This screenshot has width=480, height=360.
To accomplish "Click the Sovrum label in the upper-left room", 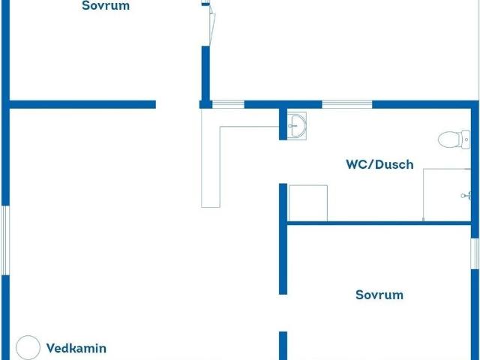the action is click(106, 5).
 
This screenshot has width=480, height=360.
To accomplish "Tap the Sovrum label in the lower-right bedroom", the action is click(379, 295).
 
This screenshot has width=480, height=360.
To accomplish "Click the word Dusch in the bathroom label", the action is click(394, 164).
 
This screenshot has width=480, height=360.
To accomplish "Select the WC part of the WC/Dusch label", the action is click(357, 164).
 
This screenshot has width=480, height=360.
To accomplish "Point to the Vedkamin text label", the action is click(76, 348).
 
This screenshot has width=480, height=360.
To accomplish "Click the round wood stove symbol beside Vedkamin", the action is click(28, 347).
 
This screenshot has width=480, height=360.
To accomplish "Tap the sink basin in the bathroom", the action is click(297, 125).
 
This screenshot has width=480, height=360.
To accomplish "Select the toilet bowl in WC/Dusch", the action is click(449, 139).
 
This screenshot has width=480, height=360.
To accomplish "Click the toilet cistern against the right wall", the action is click(465, 139).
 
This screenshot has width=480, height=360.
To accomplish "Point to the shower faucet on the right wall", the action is click(466, 195).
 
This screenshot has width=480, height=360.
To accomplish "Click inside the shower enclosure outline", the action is click(447, 195).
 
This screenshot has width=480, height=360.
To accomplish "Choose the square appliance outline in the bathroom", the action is click(308, 203).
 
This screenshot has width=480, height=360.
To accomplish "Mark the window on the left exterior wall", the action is click(5, 240).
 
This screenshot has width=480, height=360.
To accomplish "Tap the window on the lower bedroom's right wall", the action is click(475, 253).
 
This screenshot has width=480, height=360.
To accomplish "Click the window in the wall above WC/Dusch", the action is click(347, 104).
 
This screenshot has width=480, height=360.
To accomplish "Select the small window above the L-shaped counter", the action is click(228, 104).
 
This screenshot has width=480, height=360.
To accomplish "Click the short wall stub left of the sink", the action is click(283, 124).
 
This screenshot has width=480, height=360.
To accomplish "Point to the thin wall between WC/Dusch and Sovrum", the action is click(379, 223).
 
